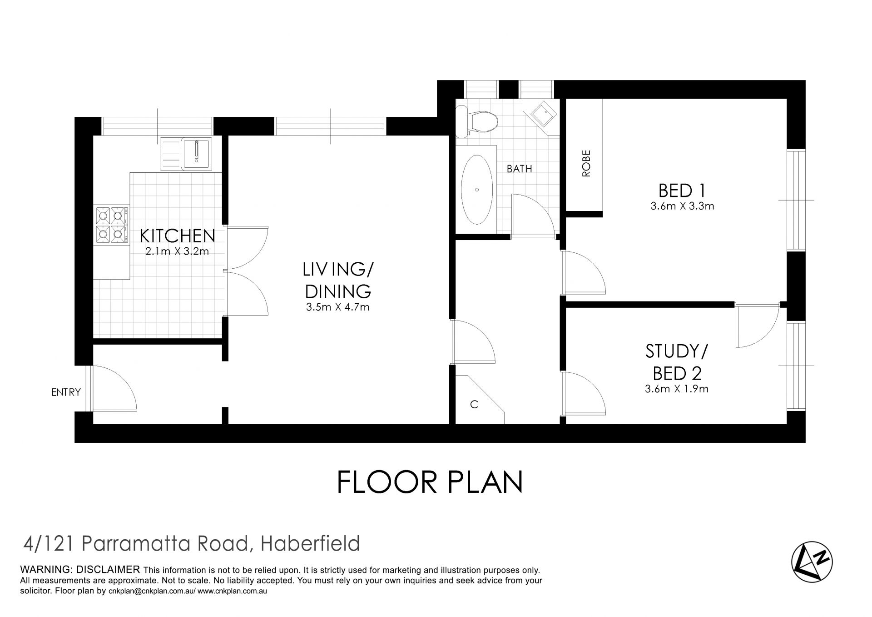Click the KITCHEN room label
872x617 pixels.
(x=177, y=236)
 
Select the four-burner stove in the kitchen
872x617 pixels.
(x=111, y=224)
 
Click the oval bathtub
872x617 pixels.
(x=476, y=190)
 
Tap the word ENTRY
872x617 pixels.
(x=66, y=392)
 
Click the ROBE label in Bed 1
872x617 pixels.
(x=586, y=163)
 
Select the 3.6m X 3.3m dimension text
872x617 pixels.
(x=682, y=206)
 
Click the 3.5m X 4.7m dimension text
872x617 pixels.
(x=337, y=307)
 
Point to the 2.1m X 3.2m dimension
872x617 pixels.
(x=177, y=251)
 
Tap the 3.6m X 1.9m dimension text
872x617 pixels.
(x=677, y=389)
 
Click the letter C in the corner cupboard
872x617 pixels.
(x=474, y=404)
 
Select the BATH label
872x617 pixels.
(x=519, y=169)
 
